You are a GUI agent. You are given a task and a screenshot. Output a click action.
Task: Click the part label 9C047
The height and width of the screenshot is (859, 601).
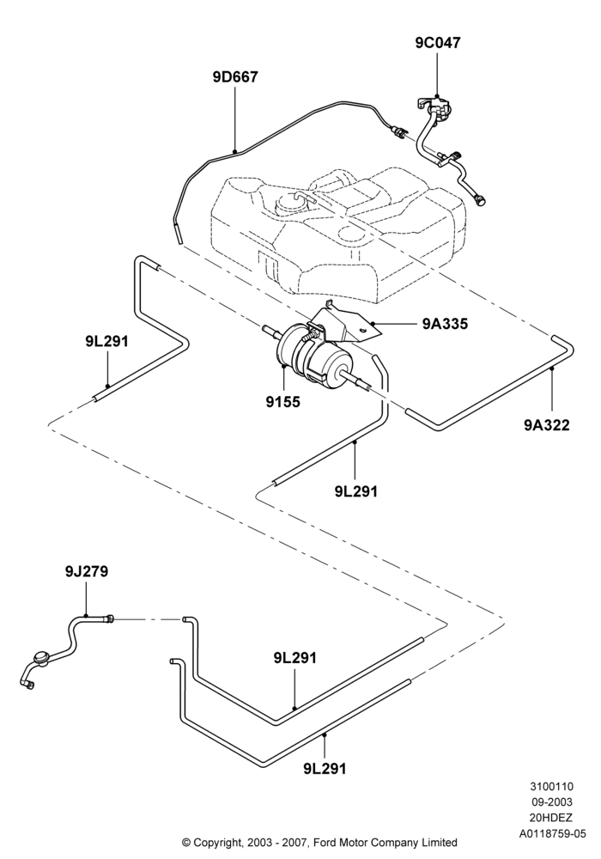click(437, 42)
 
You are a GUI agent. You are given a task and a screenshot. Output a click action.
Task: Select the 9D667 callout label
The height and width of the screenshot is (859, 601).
click(235, 77)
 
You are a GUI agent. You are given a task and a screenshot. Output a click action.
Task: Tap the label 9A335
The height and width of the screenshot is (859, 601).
click(445, 324)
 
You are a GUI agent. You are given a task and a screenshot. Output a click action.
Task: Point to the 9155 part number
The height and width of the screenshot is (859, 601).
click(283, 401)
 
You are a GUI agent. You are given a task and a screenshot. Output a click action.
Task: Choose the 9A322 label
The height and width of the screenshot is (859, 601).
click(547, 424)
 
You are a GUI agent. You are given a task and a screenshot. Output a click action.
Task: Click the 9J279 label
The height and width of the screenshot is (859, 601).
click(87, 571)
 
